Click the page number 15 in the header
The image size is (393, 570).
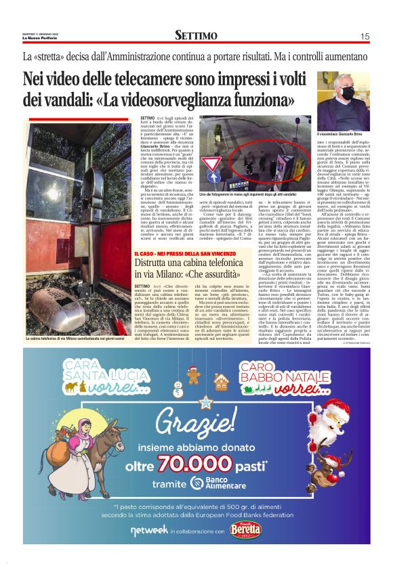coord(365,36)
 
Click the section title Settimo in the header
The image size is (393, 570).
coord(196,35)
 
